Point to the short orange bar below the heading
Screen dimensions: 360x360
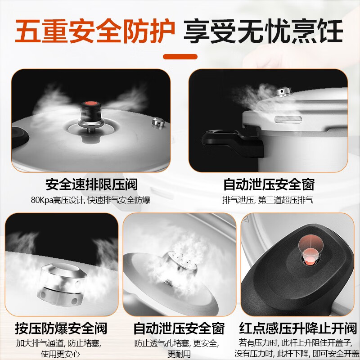pos(180,57)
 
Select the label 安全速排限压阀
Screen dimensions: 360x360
pos(91,184)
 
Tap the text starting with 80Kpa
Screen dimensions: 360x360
pos(91,200)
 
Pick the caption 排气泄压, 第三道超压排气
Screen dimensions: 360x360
pos(268,200)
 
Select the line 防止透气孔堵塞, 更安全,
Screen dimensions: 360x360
pos(180,343)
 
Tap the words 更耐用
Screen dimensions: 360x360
pos(180,354)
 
